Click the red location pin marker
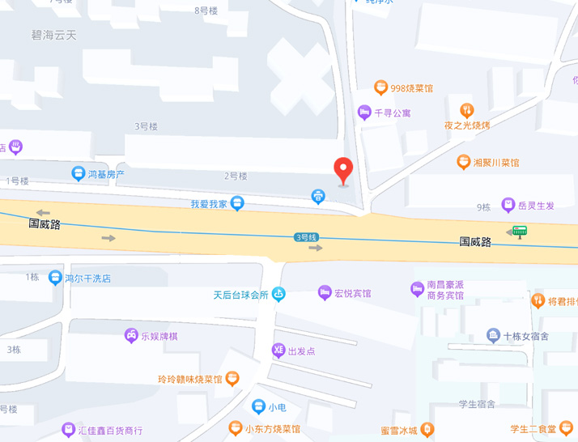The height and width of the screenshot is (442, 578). coord(344,170)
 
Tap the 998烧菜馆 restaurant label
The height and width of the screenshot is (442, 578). coord(412,87)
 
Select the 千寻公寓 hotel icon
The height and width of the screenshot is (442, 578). coord(364,113)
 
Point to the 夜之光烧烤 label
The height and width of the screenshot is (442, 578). coord(467,125)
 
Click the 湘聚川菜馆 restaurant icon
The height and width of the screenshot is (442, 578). coord(464,162)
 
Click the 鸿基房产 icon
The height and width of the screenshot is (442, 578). coord(79,173)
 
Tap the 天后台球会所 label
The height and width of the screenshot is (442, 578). coord(240,295)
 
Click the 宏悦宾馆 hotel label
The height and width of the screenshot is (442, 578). coord(353,292)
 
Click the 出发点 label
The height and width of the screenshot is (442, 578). coord(301,351)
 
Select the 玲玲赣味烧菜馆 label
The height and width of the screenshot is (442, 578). coord(190,378)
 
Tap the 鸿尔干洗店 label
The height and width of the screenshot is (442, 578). coord(87,278)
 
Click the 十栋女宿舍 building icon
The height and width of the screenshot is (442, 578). coord(493,335)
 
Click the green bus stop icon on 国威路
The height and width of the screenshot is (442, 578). coord(520,232)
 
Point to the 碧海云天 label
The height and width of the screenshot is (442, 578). coord(53,35)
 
